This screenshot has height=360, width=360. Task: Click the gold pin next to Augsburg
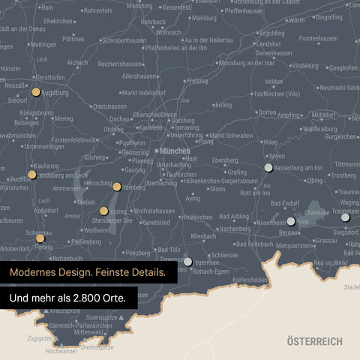(35, 92)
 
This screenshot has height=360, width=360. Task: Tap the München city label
(175, 151)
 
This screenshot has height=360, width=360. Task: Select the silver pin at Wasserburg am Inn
(268, 167)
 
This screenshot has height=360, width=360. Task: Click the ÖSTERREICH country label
(314, 341)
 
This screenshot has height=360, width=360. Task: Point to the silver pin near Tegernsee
(188, 261)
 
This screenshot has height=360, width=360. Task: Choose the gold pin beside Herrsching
(117, 186)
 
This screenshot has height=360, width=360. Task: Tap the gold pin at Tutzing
(103, 211)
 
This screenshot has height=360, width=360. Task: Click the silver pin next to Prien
(291, 221)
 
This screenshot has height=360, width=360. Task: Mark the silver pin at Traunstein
(345, 217)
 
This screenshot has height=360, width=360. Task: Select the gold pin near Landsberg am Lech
(31, 174)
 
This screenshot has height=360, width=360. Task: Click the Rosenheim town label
(271, 223)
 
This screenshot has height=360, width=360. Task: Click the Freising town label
(196, 80)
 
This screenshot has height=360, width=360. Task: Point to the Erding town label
(223, 105)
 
